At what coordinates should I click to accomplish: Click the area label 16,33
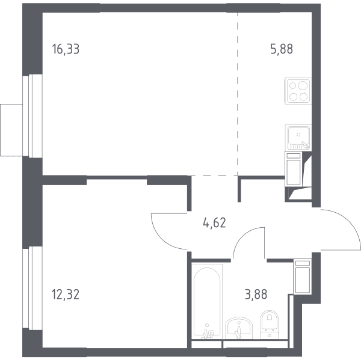tap(66, 49)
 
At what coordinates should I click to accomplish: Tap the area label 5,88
tap(282, 49)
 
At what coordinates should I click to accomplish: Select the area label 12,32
tap(66, 294)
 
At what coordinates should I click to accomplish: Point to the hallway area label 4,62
tap(214, 222)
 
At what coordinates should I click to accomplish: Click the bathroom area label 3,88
tap(256, 294)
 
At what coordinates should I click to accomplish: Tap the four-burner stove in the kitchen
tap(298, 91)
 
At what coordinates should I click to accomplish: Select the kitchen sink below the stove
tap(298, 138)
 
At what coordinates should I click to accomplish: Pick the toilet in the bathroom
tap(270, 325)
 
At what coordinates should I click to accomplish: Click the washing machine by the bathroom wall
tap(303, 276)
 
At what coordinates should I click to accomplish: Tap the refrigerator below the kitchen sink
tap(294, 169)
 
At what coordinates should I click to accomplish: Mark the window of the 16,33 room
tap(32, 116)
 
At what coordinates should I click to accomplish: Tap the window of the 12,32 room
tap(32, 287)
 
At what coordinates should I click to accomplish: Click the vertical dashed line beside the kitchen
tap(238, 94)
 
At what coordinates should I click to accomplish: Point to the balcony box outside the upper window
tap(11, 130)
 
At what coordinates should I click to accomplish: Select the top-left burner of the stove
tap(292, 86)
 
